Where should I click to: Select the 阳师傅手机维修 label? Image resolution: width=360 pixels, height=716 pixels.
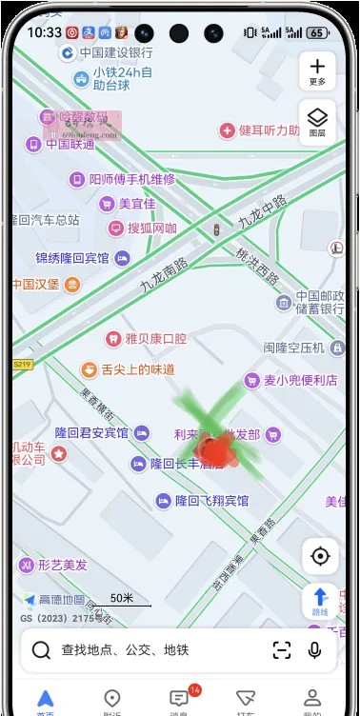point(131,179)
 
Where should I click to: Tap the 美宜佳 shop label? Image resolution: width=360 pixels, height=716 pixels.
point(136,204)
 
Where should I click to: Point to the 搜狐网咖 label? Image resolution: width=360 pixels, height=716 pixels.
point(151,229)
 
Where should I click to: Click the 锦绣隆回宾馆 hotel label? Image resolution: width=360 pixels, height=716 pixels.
point(73,258)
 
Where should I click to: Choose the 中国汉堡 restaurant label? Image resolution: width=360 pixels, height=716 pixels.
point(36,284)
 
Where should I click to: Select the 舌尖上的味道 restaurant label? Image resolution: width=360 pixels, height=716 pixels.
point(137,369)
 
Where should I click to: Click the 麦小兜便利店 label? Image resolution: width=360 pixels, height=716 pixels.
point(300,381)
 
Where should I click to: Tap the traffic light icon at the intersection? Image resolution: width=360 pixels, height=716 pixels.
point(216,229)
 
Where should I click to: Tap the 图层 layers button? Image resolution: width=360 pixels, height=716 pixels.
point(317,121)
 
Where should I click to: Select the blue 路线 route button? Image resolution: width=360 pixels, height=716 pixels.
point(320,601)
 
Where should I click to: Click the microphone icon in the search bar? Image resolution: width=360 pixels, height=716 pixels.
point(315,650)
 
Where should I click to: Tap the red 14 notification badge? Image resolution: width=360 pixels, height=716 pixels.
point(194,689)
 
